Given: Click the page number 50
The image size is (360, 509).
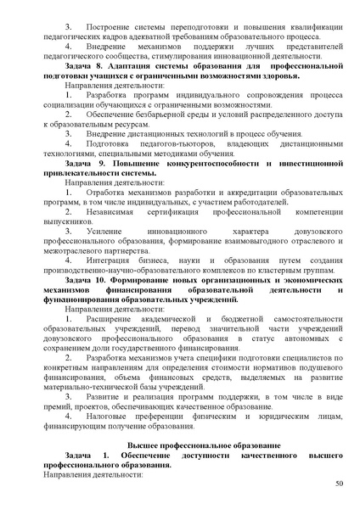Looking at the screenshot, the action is [x=339, y=484].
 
